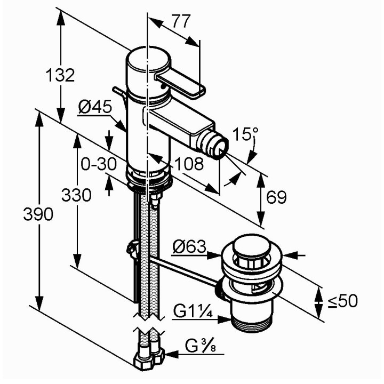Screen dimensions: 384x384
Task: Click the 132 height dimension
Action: click(x=60, y=75)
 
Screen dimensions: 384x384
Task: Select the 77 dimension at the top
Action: click(x=181, y=21)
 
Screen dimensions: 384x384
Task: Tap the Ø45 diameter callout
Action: click(x=95, y=107)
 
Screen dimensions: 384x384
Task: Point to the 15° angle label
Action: click(x=245, y=134)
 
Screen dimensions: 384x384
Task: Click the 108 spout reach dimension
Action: click(x=189, y=164)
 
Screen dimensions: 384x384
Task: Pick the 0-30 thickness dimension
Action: click(x=99, y=164)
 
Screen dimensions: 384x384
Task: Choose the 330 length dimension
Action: click(x=76, y=195)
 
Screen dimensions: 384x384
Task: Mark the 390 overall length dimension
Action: click(x=38, y=214)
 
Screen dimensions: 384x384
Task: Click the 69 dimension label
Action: click(x=276, y=197)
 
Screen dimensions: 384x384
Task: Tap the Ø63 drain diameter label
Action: click(x=189, y=246)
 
